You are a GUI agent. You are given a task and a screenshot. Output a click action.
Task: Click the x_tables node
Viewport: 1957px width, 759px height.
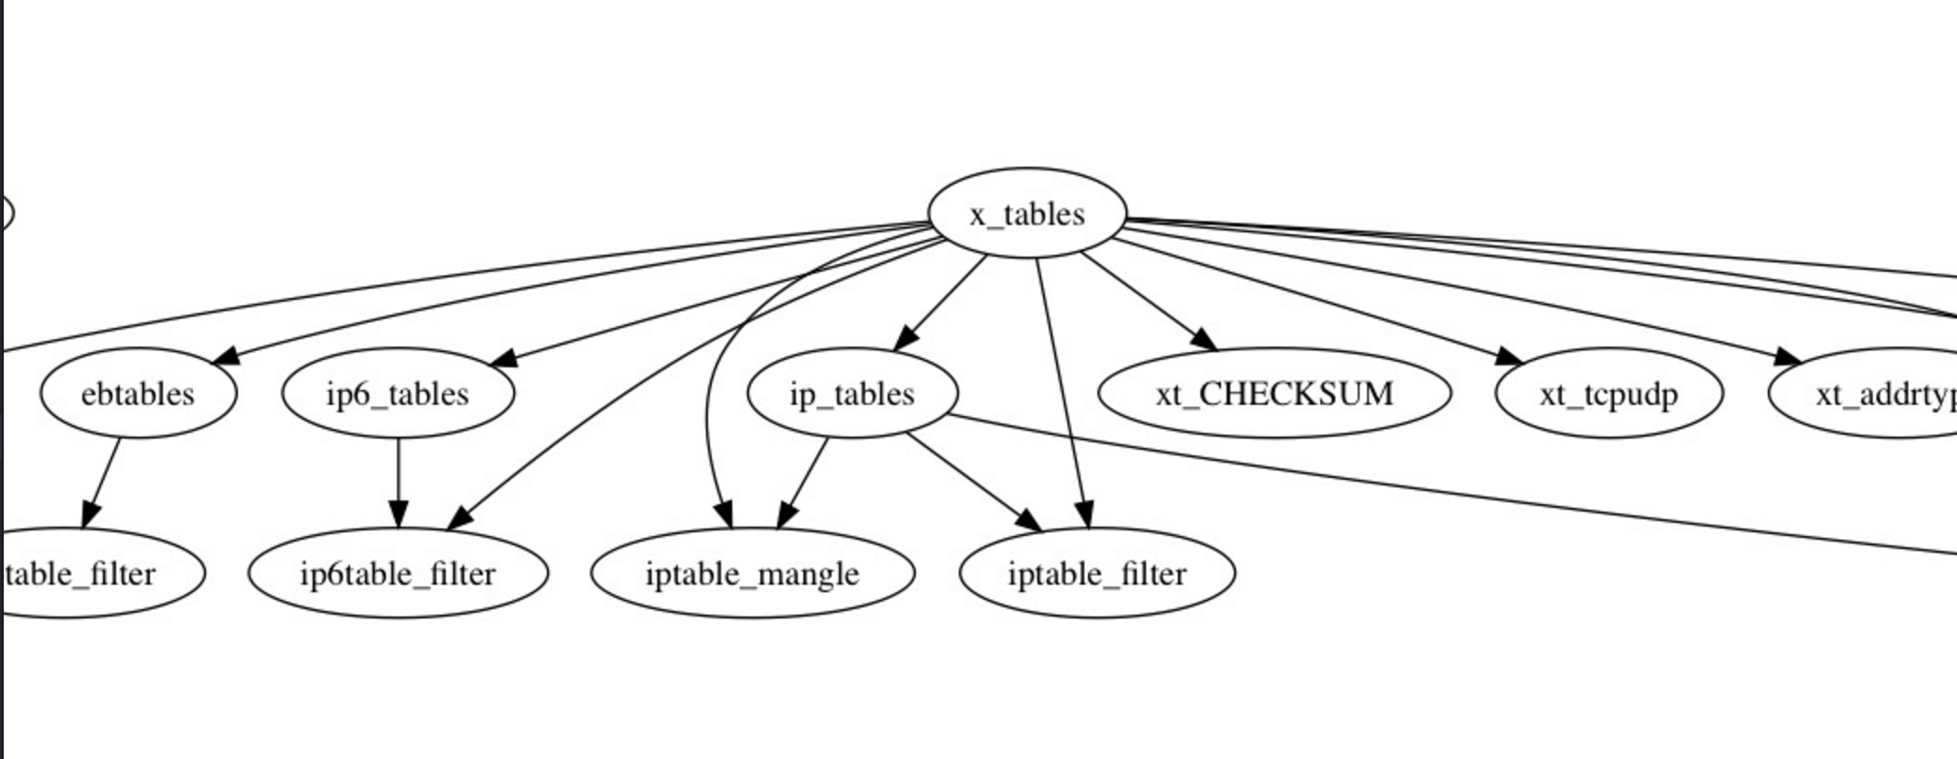[1027, 214]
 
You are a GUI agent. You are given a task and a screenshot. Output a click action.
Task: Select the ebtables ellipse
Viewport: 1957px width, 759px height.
[139, 394]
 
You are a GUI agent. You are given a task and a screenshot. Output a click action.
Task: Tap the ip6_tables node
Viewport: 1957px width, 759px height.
[398, 394]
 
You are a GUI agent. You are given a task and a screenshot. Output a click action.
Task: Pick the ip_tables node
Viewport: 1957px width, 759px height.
[852, 394]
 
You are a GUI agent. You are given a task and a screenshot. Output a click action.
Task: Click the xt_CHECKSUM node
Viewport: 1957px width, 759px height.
[1274, 394]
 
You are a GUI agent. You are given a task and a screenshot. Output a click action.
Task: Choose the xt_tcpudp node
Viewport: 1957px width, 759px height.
[1609, 394]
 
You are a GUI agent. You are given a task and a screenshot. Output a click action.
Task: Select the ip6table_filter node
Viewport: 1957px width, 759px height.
[398, 573]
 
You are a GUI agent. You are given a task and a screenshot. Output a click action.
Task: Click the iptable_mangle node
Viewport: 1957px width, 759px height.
[752, 573]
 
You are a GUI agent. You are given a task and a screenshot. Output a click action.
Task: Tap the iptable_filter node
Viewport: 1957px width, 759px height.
[1096, 573]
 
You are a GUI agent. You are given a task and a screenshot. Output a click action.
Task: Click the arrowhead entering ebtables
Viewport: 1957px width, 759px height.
[227, 356]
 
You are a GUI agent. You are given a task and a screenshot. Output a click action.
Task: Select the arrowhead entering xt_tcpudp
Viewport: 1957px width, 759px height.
[1509, 357]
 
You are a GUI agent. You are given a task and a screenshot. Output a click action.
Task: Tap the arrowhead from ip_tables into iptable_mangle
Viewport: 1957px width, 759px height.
[787, 514]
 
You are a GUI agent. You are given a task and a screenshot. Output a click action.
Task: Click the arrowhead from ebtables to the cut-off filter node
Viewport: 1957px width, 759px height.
[89, 514]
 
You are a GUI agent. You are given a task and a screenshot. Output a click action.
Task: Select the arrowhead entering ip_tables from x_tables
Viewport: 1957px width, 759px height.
[905, 337]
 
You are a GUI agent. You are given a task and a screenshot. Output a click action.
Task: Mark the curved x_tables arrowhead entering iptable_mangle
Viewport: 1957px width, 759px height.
[724, 515]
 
